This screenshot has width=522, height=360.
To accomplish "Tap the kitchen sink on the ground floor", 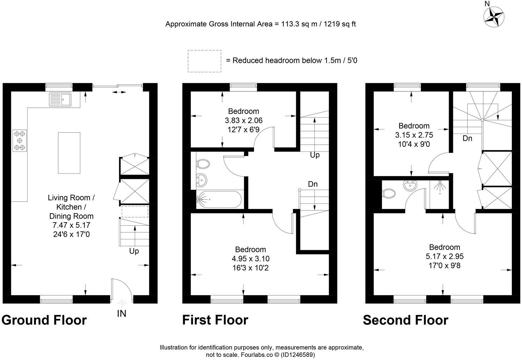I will point(60,99).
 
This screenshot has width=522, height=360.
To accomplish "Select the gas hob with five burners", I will point(20,140).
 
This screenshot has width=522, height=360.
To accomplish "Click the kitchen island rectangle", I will point(69,153).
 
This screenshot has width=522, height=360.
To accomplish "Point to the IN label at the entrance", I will point(121,314).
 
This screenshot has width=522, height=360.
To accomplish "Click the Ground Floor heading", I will point(44,320).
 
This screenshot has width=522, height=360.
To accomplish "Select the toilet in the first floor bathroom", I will point(202,163).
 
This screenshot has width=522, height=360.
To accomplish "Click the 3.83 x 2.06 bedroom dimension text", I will point(244,120).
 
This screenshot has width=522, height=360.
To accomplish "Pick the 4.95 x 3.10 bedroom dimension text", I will point(251,258).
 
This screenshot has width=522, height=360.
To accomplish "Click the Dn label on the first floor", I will point(313,184).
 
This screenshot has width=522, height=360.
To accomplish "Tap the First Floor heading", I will point(215,320).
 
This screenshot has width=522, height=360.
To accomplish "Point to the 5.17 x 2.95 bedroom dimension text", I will point(445,256).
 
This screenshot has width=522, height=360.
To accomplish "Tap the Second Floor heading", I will point(405,320).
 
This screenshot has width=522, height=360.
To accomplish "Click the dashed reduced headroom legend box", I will point(204,61).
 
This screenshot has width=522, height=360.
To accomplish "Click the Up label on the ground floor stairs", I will point(134,251).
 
